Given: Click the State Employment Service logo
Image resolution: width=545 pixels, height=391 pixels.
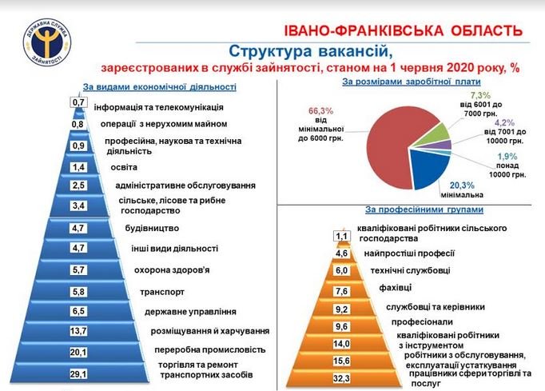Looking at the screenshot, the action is tap(47, 43).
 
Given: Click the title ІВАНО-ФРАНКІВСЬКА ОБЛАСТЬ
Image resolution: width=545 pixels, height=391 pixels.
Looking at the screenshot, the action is tap(404, 30).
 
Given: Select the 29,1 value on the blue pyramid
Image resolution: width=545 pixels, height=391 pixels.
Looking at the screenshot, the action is tap(78, 374).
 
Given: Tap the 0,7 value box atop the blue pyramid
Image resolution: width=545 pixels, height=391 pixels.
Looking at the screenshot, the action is tap(78, 102).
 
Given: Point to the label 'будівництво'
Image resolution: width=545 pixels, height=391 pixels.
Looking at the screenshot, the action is tap(152, 228).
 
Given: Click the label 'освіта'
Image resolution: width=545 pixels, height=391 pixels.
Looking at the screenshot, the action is tap(124, 167).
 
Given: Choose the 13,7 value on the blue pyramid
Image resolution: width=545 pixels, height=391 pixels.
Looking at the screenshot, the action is tap(78, 331).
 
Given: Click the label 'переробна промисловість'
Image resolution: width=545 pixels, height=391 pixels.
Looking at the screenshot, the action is tap(210, 349).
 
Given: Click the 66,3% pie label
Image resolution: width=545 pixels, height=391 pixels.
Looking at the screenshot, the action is tap(320, 111).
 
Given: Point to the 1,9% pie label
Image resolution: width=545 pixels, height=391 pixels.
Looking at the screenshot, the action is tap(507, 157).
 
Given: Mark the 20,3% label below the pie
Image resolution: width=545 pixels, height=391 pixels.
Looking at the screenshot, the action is tap(462, 185).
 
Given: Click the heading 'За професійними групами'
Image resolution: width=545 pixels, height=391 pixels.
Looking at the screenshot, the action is tap(424, 209).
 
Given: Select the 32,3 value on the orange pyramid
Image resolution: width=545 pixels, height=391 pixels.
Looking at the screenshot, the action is tap(341, 378).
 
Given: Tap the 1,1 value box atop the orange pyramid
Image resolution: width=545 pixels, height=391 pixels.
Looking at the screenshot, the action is tap(342, 237).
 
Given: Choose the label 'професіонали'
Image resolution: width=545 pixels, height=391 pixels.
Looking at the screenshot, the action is tap(422, 322).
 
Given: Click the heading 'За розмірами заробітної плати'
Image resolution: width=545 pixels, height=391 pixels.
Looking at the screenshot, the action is tap(412, 82).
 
